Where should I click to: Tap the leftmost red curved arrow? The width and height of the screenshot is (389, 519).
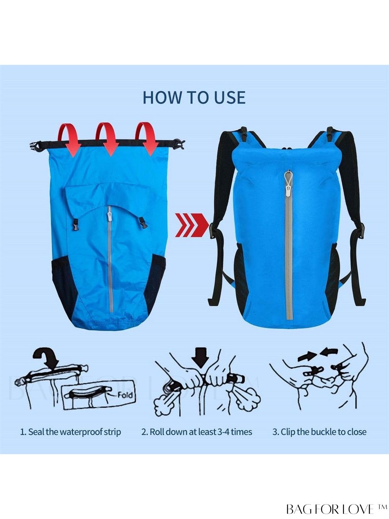[70, 140]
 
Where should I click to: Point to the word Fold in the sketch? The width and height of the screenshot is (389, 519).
[125, 395]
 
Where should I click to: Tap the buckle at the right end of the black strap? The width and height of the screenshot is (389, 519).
[179, 144]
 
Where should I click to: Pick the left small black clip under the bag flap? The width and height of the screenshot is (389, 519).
[75, 225]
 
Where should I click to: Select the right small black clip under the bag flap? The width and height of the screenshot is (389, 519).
[142, 223]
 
